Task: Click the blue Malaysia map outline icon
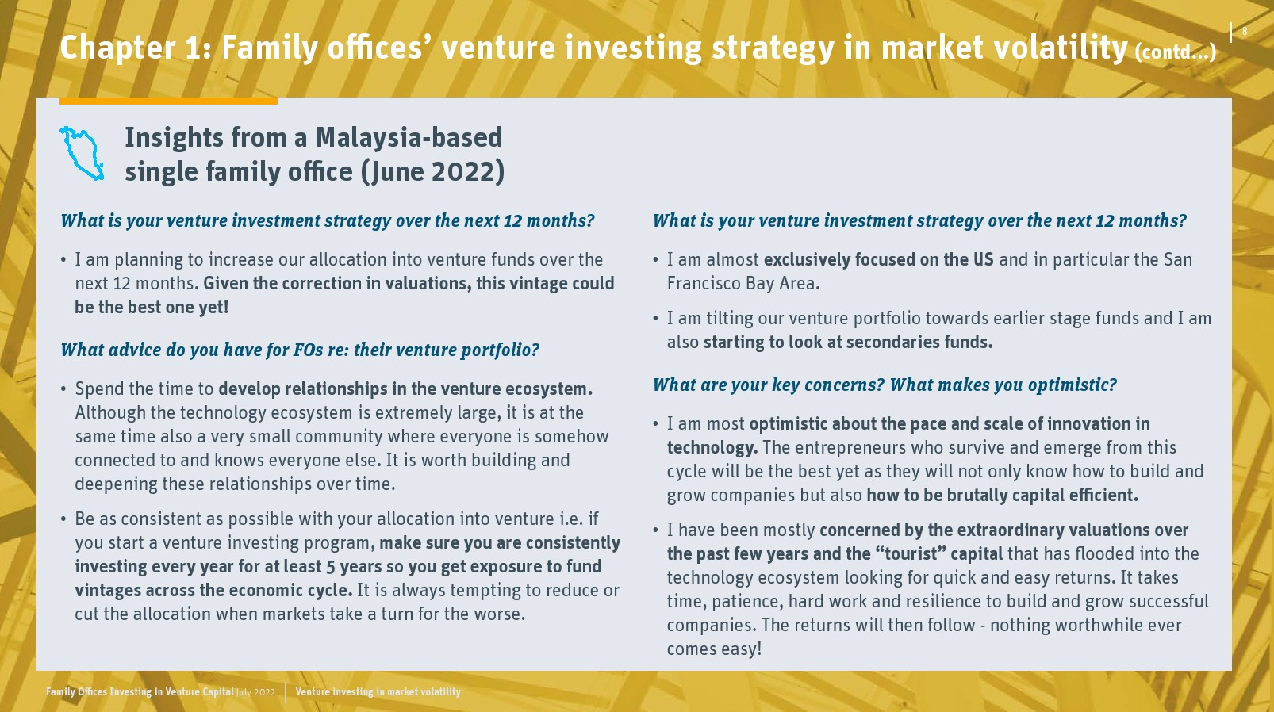coord(82,154)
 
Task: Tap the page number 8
coord(1245,31)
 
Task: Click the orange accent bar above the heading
coord(168,101)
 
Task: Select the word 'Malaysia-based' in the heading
coord(409,137)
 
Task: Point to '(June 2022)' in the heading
coord(433,171)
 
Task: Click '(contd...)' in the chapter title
coord(1176,52)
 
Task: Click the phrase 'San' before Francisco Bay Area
coord(1177,260)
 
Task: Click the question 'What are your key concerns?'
coord(769,385)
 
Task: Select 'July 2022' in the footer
coord(255,692)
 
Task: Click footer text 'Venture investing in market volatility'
coord(378,692)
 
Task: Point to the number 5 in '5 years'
coord(331,567)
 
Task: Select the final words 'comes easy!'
coord(714,649)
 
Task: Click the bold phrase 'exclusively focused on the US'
coord(879,260)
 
